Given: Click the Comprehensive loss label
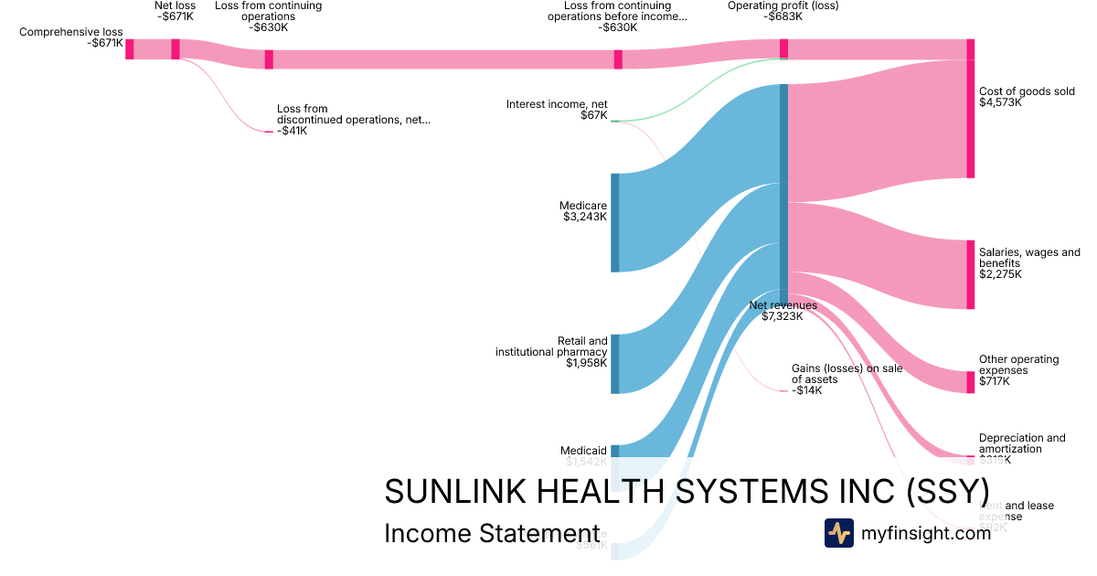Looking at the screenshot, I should coord(70,31).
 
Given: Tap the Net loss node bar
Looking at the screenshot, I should coord(176,48).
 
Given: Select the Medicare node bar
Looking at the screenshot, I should coord(614,222).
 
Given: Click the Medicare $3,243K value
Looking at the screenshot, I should coord(585,217).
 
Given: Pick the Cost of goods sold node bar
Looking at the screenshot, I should coord(970,119).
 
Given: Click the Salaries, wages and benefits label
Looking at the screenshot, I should coord(1029,258).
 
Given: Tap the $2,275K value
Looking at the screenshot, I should coord(1000,274).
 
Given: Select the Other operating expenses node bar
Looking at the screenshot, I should coord(970,382).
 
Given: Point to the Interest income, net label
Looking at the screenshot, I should coord(557,104).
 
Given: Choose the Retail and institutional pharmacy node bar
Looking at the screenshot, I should coord(614,364).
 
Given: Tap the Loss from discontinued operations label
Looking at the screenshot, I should coord(353,114).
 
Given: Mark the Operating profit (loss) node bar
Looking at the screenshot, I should coord(783,48).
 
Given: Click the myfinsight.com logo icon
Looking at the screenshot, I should coord(838,533).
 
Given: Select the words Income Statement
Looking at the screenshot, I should coord(492,534).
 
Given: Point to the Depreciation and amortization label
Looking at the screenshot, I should coord(1022,443).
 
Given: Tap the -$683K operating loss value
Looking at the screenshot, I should coord(783,16).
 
